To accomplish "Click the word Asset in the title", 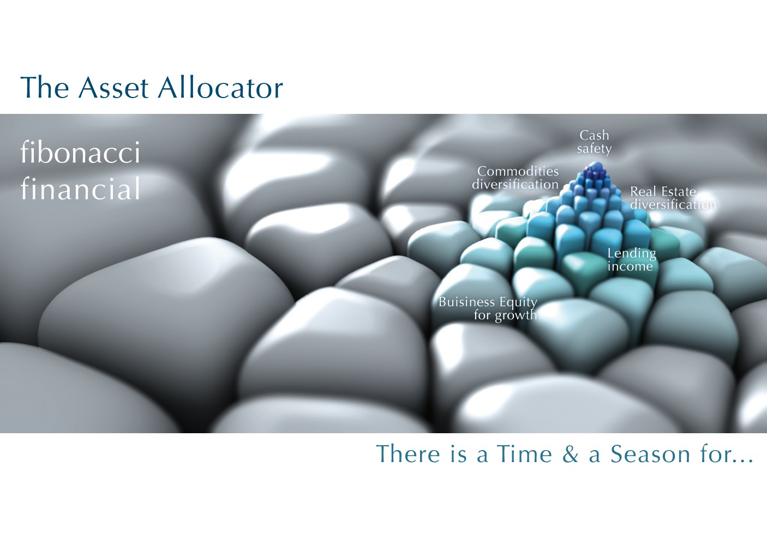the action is pos(113,88).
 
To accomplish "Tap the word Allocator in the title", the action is pos(220,88).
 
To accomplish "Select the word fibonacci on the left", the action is pos(80,152).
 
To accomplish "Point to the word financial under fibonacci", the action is pos(80,188).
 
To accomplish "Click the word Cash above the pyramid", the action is pos(594,136).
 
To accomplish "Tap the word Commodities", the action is pos(518,171).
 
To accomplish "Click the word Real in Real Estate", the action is pos(643,191).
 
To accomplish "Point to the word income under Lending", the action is pos(630,266).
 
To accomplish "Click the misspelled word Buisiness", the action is pos(466,302).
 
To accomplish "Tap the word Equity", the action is pos(518,302).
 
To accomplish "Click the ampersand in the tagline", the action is pos(570,454).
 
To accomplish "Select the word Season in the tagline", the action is pos(650,454).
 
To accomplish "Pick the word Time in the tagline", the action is pos(524,454).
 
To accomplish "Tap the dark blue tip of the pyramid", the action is pos(595,168).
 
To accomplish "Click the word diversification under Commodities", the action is pos(515,185).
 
